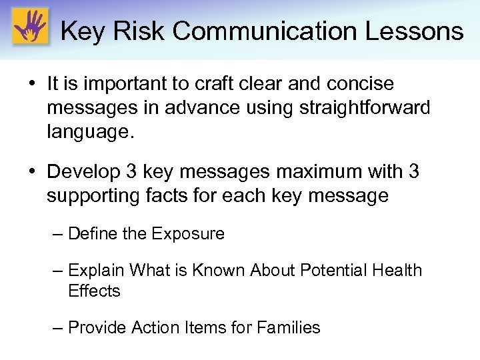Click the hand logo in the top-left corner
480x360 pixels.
[30, 28]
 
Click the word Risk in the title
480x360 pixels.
[137, 31]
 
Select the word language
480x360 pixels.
[90, 131]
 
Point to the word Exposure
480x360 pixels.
[188, 234]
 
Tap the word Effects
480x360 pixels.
[94, 291]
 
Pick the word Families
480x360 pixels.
[288, 328]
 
